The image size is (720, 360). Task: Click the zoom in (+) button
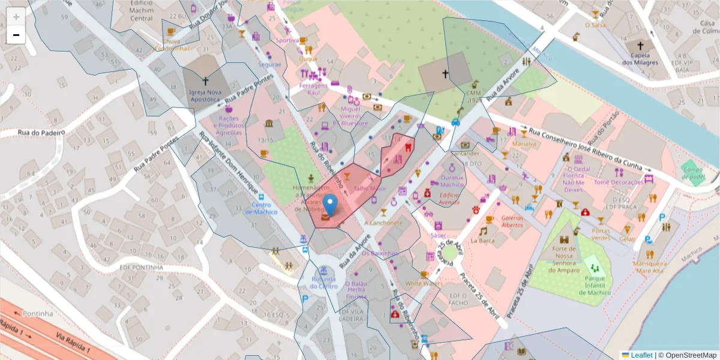[x=16, y=16]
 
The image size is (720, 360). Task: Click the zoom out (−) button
[x=16, y=35]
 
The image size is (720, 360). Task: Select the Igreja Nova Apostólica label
[x=205, y=96]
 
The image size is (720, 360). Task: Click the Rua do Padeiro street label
[x=41, y=132]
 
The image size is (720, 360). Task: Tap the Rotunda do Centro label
[x=323, y=283]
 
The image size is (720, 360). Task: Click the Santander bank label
[x=465, y=154]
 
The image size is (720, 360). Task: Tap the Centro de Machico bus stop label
[x=260, y=208]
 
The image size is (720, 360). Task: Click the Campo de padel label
[x=692, y=173]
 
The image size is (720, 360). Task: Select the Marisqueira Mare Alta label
[x=650, y=267]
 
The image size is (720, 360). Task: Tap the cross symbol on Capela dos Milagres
[x=640, y=46]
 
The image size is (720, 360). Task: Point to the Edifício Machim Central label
[x=142, y=10]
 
